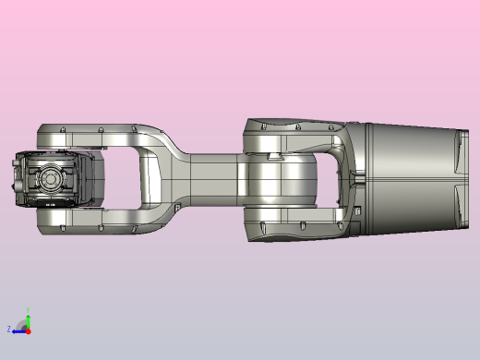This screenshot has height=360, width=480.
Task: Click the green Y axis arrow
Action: pos(28,321)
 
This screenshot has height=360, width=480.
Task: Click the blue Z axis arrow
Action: pos(18,330)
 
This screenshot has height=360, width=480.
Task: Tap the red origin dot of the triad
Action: pos(28,330)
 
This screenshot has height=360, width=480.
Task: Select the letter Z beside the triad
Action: pos(9,329)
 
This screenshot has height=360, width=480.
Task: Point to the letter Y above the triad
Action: pos(29,311)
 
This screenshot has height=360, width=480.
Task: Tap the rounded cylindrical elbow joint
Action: pos(282,180)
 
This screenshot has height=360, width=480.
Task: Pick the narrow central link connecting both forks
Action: pos(212,175)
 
